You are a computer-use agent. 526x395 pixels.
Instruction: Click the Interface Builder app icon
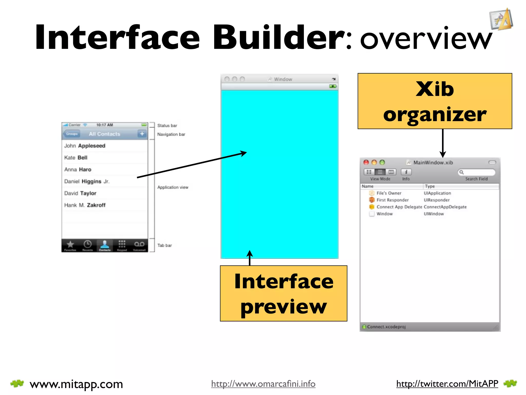point(501,20)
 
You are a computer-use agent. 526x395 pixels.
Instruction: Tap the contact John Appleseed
point(84,146)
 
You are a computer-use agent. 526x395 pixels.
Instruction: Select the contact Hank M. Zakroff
point(85,205)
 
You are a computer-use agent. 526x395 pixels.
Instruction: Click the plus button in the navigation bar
point(142,134)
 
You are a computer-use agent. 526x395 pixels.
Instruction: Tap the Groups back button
point(72,134)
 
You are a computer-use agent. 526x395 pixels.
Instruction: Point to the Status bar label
point(167,125)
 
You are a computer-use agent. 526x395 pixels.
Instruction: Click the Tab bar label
point(164,245)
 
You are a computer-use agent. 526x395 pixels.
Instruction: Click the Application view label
point(173,187)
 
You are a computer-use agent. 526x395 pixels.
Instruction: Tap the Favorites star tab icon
point(70,245)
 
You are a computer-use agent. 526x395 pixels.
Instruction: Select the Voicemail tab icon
point(139,245)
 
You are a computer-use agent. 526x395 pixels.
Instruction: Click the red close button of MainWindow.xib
point(366,162)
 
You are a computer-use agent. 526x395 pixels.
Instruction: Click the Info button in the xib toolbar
point(406,172)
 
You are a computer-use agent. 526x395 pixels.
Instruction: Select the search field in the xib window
point(478,172)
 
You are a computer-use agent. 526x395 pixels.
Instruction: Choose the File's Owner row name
point(389,193)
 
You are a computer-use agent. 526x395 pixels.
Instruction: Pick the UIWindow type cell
point(434,214)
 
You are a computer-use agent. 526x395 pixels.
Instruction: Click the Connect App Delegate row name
point(399,207)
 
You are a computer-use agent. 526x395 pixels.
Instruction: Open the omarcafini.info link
point(263,384)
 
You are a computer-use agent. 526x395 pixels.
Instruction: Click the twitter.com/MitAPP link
point(447,384)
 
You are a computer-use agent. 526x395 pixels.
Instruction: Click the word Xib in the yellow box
point(435,89)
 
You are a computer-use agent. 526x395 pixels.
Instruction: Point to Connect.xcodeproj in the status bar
point(386,327)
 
